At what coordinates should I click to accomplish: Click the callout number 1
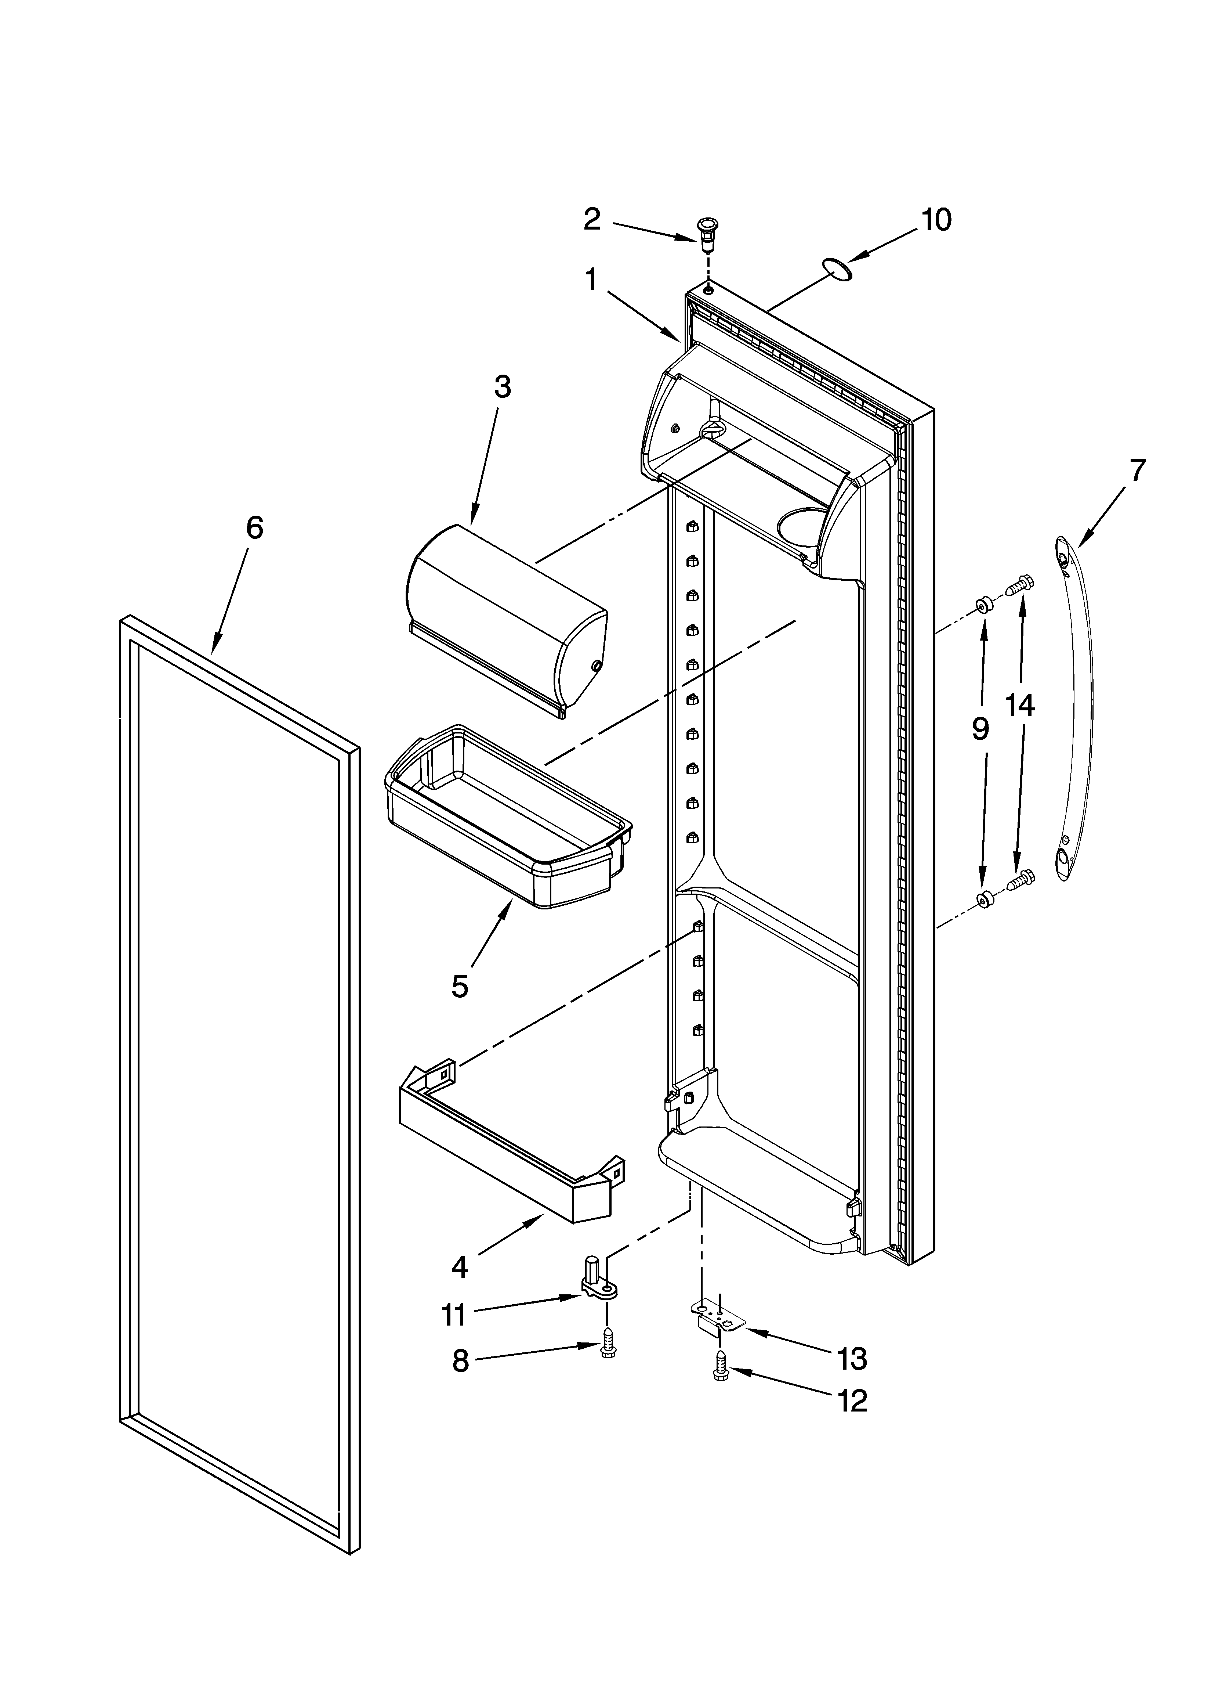(x=591, y=281)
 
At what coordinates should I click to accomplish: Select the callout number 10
(x=936, y=220)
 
